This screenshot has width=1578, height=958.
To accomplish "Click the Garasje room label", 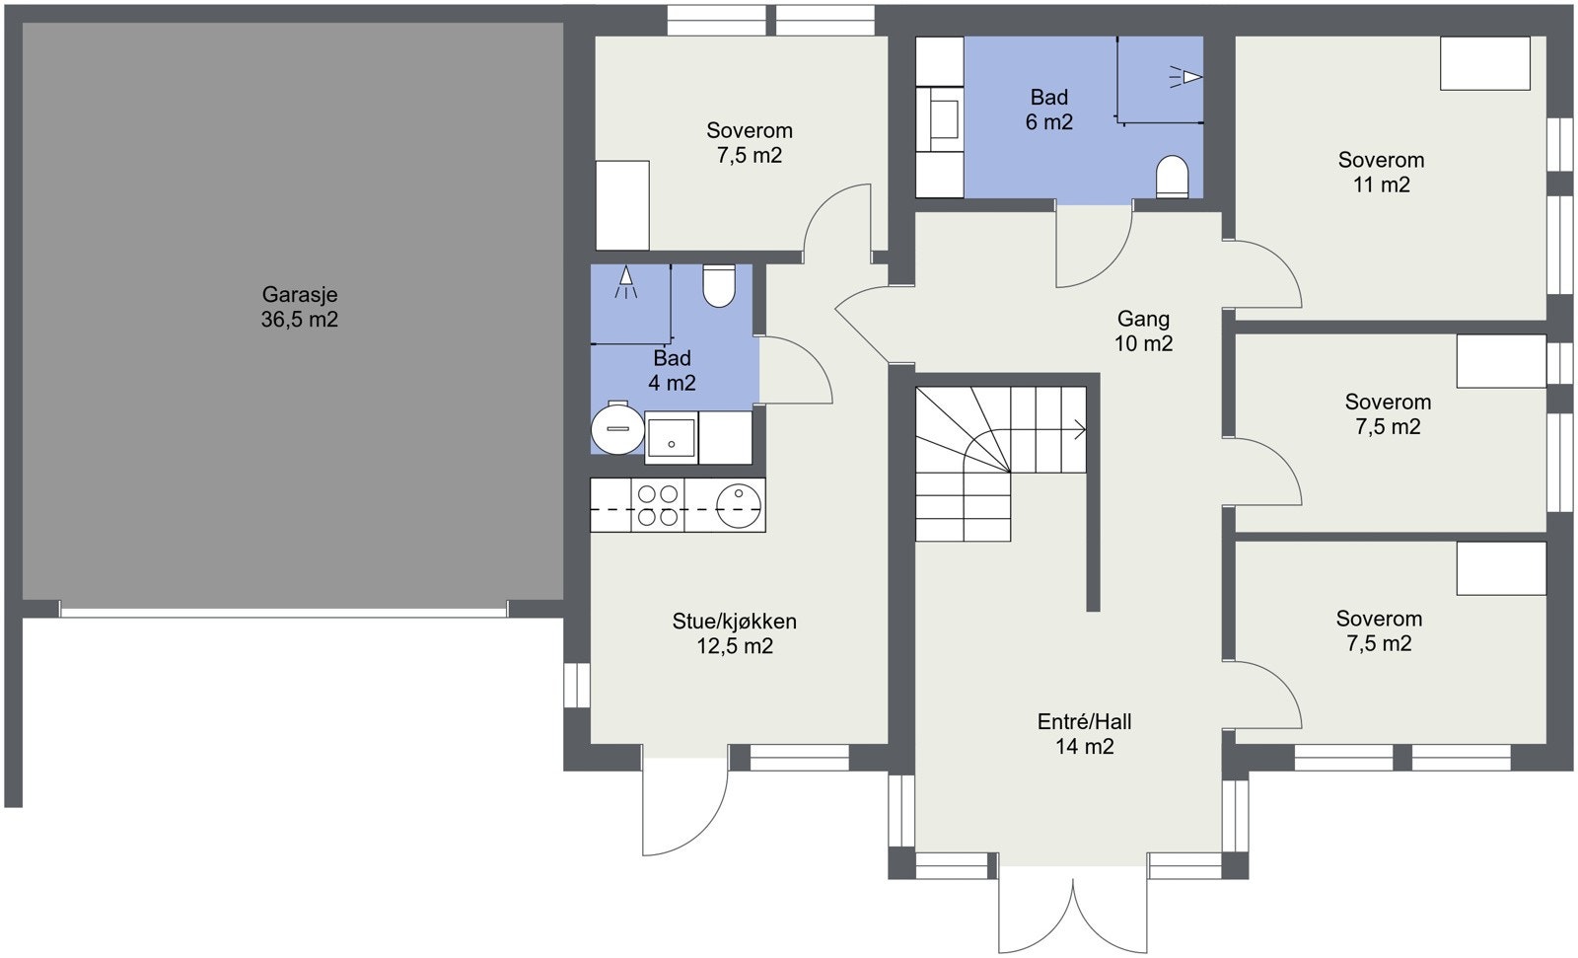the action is coord(300,307).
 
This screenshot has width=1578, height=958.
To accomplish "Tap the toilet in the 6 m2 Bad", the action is coord(1173,177).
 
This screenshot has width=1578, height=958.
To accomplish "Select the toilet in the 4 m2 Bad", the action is coord(719,285).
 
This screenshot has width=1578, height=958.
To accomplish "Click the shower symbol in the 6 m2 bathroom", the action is coord(1185,77).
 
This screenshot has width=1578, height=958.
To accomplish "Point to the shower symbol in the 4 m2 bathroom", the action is coord(625,282).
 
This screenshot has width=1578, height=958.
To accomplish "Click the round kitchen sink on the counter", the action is coord(739,505).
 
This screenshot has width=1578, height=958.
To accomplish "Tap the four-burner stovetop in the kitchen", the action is coord(658,505).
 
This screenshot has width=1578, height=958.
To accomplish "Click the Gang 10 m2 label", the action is coord(1143,332).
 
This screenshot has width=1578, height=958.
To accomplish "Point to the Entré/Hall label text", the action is coord(1084,721).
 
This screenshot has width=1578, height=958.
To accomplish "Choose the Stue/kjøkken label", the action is coord(734,621).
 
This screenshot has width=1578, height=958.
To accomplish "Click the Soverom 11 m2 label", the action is coord(1381,172).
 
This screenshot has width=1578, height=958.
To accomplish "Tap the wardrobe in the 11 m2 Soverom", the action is coord(1485,63).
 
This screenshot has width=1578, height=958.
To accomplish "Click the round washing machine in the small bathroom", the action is coord(617,428).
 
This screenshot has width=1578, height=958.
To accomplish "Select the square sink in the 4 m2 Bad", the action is coord(672,438).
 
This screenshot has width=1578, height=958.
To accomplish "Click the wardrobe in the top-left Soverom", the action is coord(622,205).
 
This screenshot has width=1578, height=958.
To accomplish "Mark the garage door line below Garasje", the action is coord(283,613).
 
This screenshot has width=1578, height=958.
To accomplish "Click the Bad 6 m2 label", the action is coord(1049,110).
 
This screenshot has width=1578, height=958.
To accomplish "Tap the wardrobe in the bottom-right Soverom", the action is coord(1501,569).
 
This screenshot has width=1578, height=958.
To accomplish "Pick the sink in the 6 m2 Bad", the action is coord(941,118).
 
